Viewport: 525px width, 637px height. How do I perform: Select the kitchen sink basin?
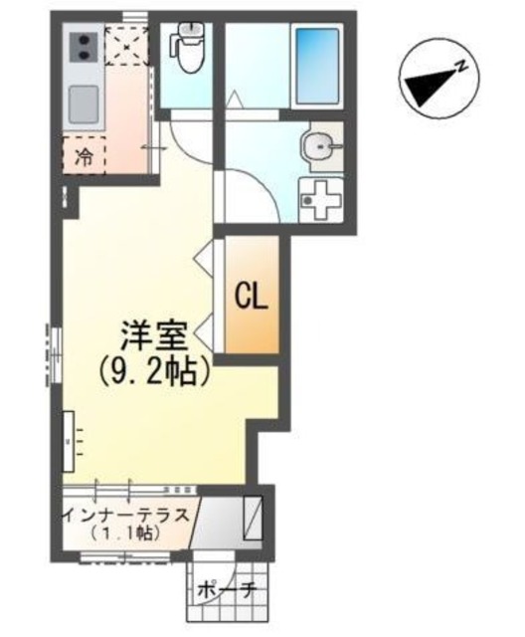(83, 101)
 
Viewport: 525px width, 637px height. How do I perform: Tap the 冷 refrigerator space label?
(86, 155)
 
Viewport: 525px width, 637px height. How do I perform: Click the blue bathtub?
(318, 60)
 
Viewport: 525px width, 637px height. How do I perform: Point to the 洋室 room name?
(154, 334)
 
